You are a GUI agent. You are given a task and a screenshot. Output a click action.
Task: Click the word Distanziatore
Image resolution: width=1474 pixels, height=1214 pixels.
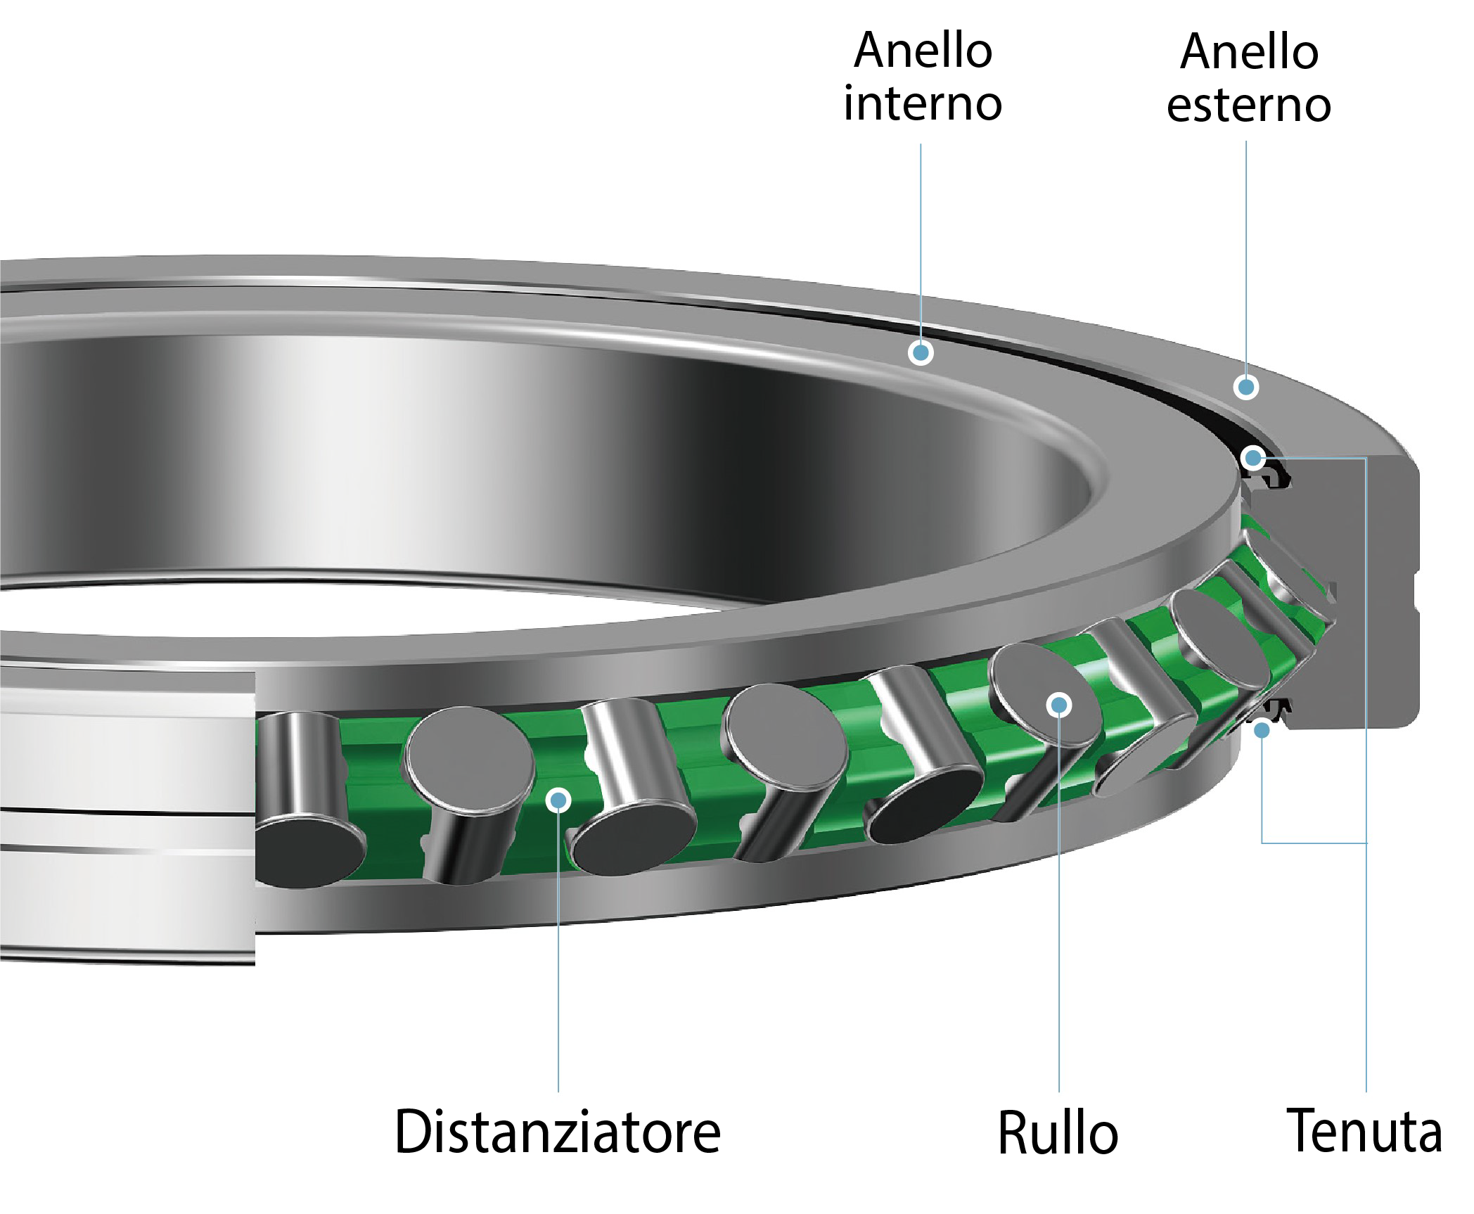[558, 1132]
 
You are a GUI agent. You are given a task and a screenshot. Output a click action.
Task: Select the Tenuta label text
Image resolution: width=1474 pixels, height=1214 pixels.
[1364, 1130]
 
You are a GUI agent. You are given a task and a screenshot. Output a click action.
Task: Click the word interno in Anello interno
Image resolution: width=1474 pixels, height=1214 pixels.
[922, 103]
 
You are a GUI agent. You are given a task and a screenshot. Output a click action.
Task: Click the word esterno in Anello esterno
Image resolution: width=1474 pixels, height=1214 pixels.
[1248, 106]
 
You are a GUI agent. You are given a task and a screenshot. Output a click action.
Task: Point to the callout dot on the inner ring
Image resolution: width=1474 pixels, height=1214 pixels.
[921, 352]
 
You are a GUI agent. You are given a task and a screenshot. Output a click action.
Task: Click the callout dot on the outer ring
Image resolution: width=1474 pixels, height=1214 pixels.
[1246, 386]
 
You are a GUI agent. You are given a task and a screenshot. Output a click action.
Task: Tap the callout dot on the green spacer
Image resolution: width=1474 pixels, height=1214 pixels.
[558, 799]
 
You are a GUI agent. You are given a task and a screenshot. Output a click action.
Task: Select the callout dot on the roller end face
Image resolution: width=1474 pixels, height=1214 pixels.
[1059, 704]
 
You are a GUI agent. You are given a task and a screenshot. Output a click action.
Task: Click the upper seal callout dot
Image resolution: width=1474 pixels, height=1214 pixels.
[1252, 459]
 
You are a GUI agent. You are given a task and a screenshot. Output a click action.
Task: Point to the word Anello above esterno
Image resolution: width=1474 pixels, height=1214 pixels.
[1249, 52]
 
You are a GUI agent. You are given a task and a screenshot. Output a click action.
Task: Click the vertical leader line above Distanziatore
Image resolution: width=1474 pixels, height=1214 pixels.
[558, 950]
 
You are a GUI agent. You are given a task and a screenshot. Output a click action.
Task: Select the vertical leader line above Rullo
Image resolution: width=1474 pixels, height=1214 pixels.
[1059, 914]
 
